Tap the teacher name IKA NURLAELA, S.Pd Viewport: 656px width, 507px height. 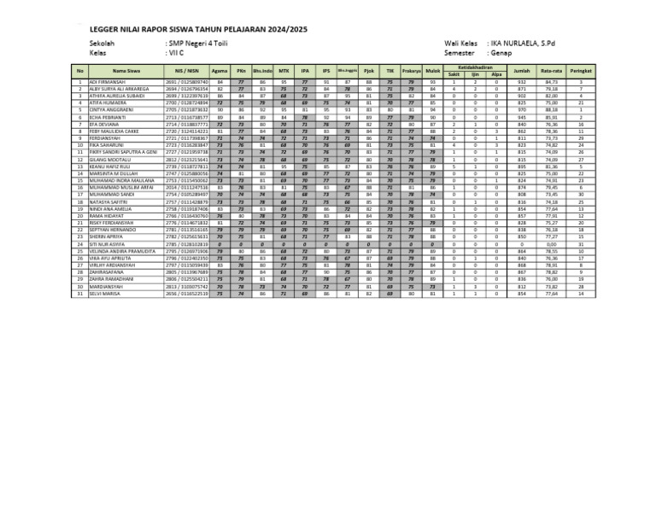(522, 42)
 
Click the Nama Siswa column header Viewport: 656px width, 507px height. (126, 70)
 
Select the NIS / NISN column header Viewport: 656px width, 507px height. (186, 70)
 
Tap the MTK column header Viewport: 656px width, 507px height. (284, 70)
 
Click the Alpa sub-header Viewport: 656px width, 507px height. (495, 74)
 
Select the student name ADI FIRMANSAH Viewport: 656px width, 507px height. (107, 82)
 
